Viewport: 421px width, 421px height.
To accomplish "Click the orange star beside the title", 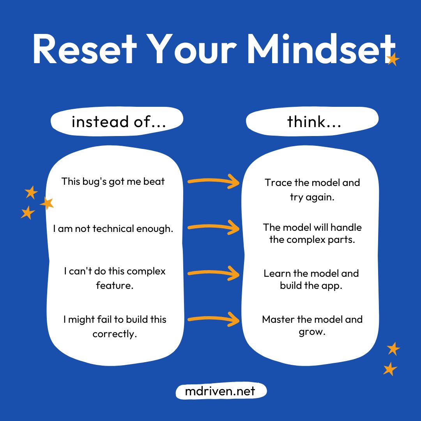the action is (x=393, y=60).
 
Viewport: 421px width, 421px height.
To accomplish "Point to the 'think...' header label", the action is (x=314, y=122).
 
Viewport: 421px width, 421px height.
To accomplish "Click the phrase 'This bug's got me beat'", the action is (x=113, y=181).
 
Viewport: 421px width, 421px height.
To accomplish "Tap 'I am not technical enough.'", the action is (x=113, y=228).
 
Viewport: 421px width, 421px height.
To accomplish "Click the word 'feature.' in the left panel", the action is (x=115, y=285).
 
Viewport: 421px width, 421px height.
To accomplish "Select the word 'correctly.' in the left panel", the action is (x=115, y=334).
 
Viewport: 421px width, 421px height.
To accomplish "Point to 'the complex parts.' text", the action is (x=312, y=240).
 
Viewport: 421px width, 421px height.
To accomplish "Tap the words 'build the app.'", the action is (x=311, y=285).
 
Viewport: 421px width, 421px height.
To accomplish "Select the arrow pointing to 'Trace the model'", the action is (x=214, y=181).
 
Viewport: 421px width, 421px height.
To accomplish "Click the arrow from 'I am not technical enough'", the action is (x=214, y=227).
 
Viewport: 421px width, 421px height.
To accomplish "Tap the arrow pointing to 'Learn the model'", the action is (x=214, y=273).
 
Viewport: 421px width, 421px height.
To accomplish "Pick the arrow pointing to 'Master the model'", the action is (x=214, y=320).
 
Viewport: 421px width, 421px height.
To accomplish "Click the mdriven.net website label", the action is (x=221, y=391).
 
